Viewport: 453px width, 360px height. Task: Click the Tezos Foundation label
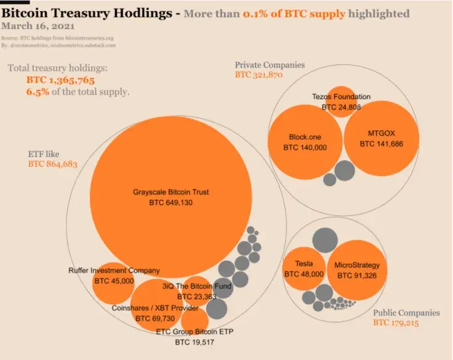pyautogui.click(x=341, y=97)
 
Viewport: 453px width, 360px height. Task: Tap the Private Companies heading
pyautogui.click(x=270, y=65)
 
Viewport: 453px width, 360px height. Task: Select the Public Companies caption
pyautogui.click(x=406, y=312)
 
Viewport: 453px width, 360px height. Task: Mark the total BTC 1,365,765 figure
pyautogui.click(x=60, y=81)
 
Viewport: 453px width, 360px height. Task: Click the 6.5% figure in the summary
pyautogui.click(x=37, y=92)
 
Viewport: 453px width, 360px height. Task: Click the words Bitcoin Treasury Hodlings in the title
pyautogui.click(x=90, y=12)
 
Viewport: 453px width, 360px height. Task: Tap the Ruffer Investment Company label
pyautogui.click(x=114, y=270)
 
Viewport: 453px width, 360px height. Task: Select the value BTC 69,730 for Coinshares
pyautogui.click(x=155, y=318)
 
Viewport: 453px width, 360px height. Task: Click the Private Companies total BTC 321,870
pyautogui.click(x=259, y=74)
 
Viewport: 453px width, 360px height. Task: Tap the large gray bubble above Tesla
pyautogui.click(x=325, y=240)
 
